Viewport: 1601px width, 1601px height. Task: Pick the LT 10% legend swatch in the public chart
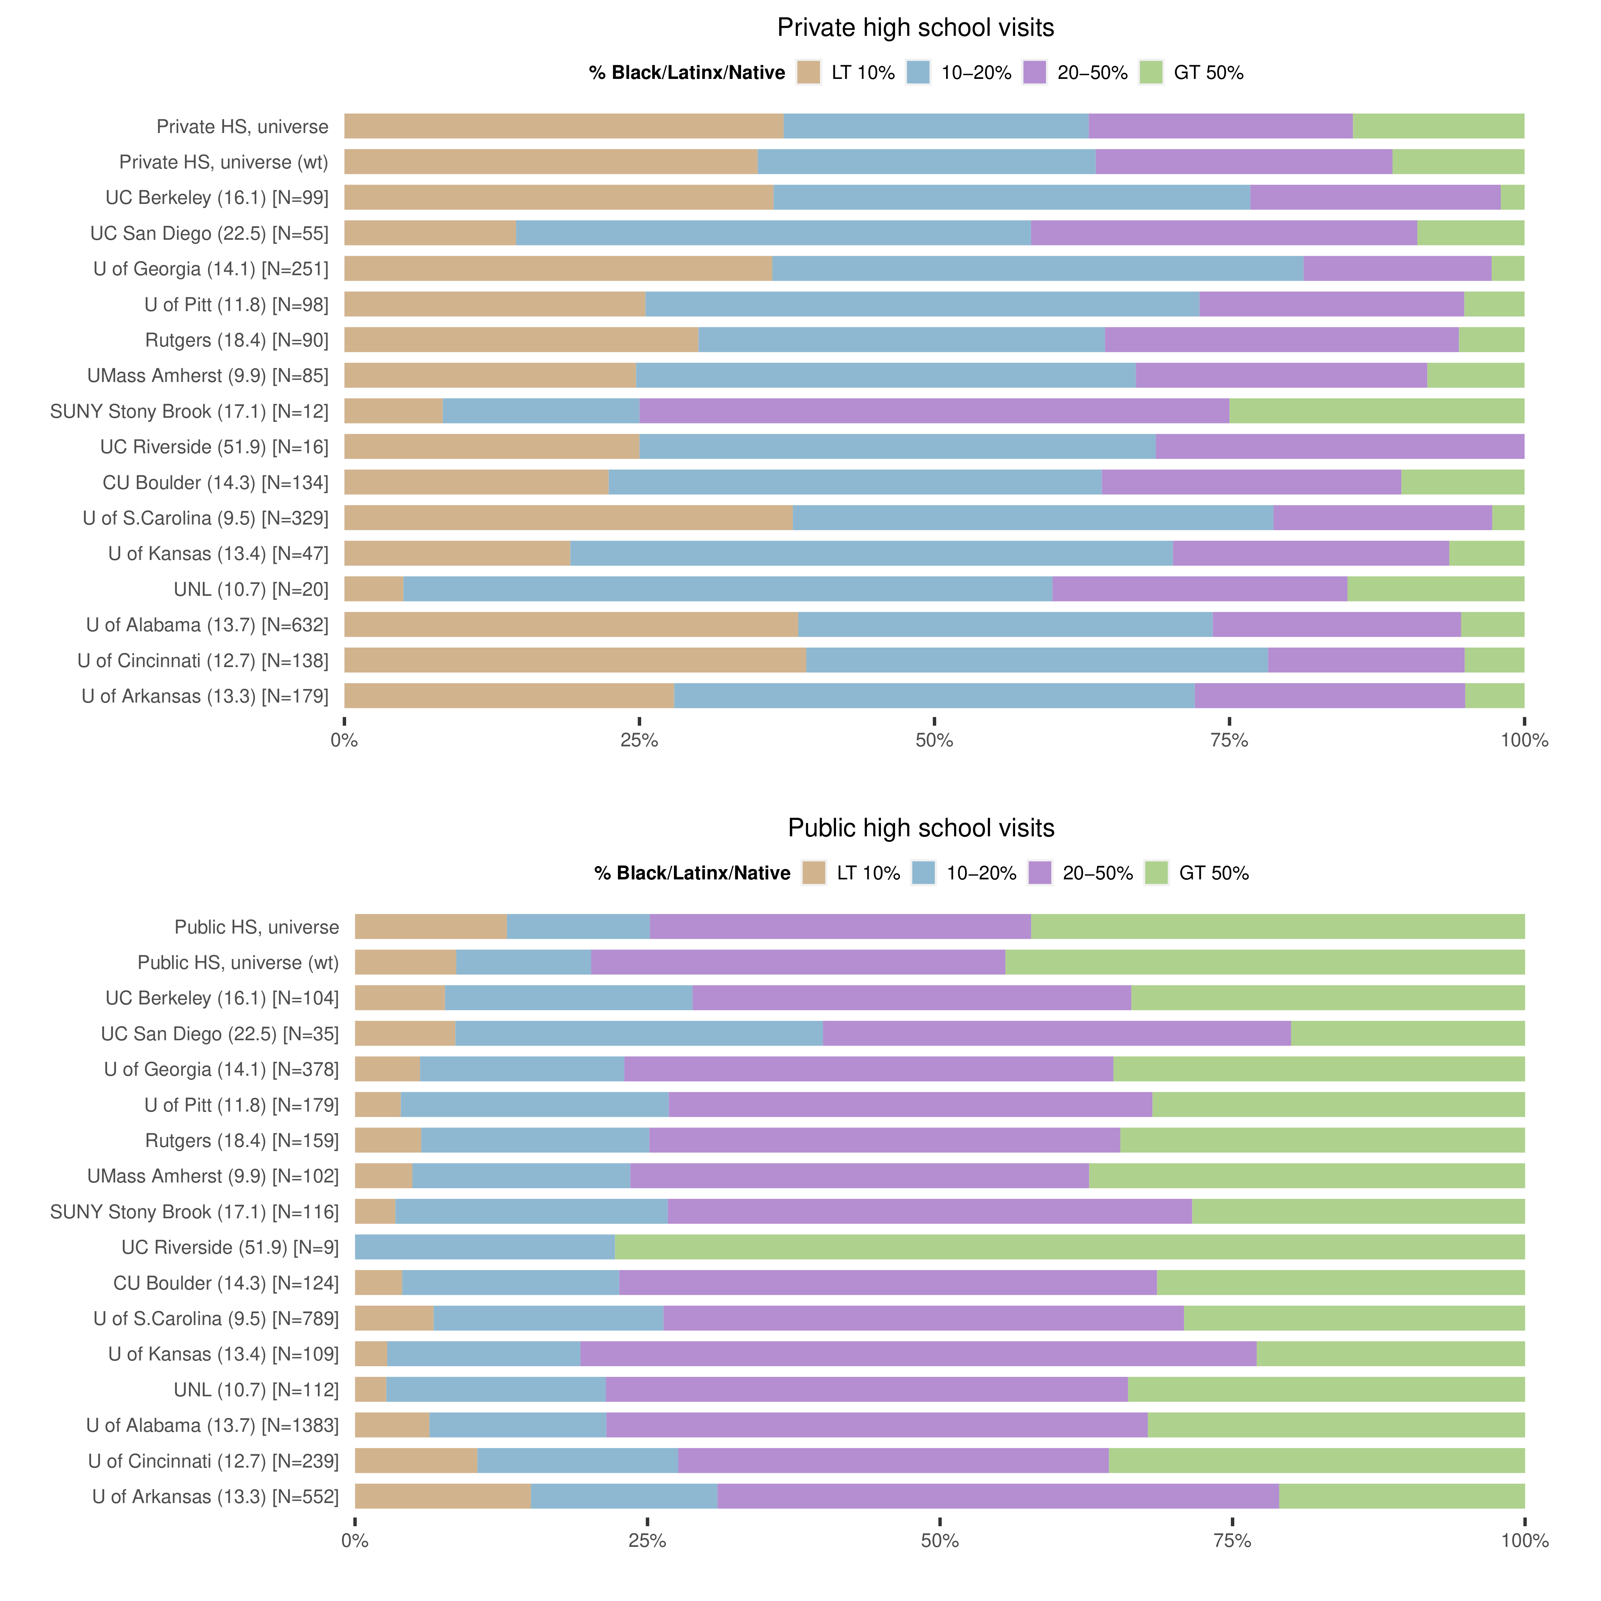(814, 873)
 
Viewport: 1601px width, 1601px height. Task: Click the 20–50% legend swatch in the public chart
(1039, 873)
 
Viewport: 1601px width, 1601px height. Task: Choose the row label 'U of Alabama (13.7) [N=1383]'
(212, 1425)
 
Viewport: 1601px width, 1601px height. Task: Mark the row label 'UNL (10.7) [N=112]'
(256, 1390)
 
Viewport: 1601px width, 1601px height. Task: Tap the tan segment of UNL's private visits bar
(374, 589)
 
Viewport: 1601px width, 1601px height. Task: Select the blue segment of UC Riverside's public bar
(485, 1247)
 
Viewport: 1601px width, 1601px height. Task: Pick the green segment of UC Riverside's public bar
(1069, 1247)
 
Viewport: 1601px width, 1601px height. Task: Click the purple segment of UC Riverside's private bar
(1339, 447)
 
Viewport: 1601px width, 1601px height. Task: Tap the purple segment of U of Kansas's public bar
(918, 1354)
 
